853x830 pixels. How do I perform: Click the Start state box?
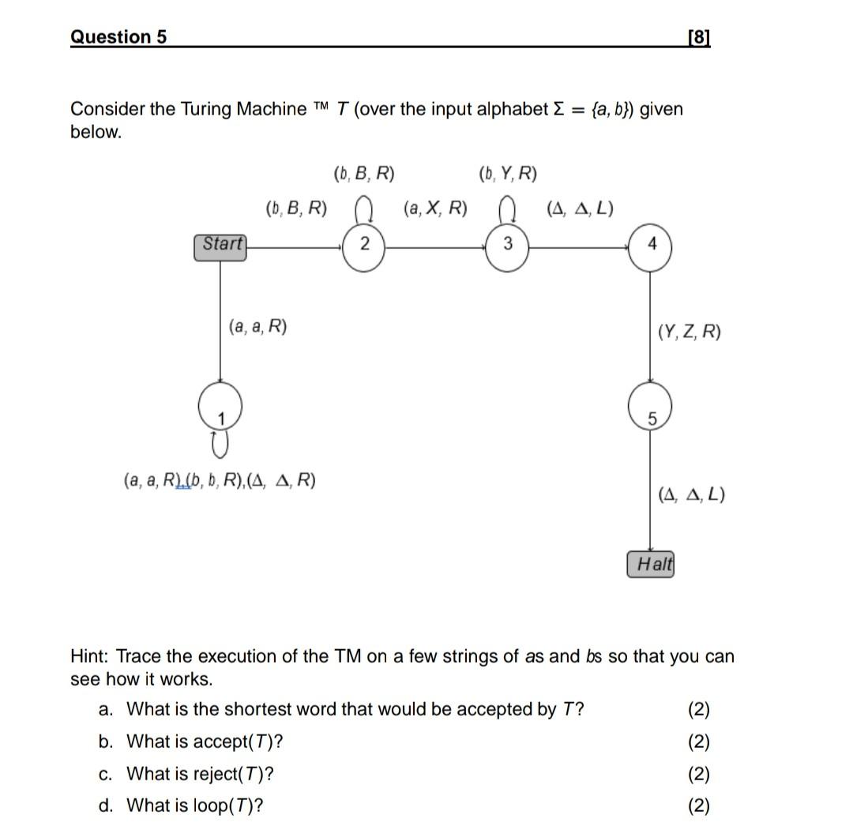pyautogui.click(x=220, y=246)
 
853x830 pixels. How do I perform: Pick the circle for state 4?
pyautogui.click(x=651, y=246)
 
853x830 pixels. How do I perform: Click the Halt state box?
pyautogui.click(x=652, y=565)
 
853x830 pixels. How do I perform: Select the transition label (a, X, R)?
pyautogui.click(x=434, y=208)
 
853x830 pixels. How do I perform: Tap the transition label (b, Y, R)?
pyautogui.click(x=508, y=174)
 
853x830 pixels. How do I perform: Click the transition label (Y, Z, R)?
pyautogui.click(x=689, y=332)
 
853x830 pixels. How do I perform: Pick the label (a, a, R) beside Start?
pyautogui.click(x=257, y=326)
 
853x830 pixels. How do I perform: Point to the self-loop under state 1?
pyautogui.click(x=220, y=445)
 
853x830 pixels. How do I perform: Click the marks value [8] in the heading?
pyautogui.click(x=699, y=37)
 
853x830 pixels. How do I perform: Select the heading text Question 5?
pyautogui.click(x=118, y=37)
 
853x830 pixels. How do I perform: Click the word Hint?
pyautogui.click(x=88, y=656)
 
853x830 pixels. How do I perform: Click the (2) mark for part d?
pyautogui.click(x=698, y=806)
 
